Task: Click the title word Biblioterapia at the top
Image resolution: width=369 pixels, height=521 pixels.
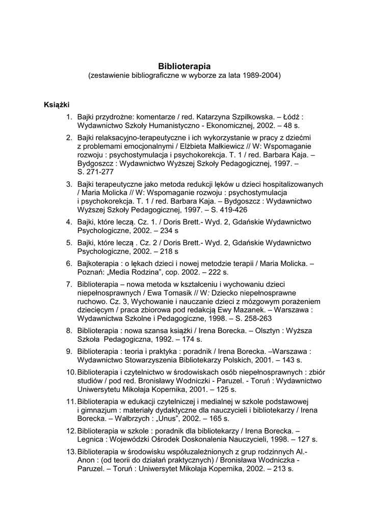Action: point(184,66)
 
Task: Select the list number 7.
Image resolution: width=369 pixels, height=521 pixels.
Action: point(69,283)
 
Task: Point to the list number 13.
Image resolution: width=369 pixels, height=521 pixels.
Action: point(71,451)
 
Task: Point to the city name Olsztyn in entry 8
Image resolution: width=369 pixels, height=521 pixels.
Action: point(275,330)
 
